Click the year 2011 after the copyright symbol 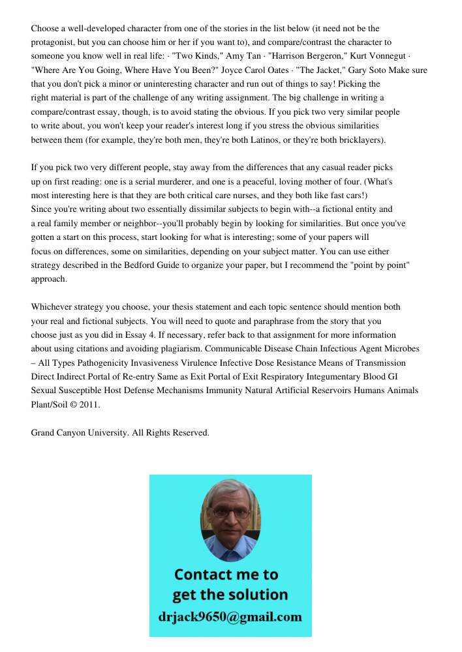(x=89, y=404)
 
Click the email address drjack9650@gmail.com (x=230, y=617)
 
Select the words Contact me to (x=226, y=574)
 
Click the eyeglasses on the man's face (x=230, y=512)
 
